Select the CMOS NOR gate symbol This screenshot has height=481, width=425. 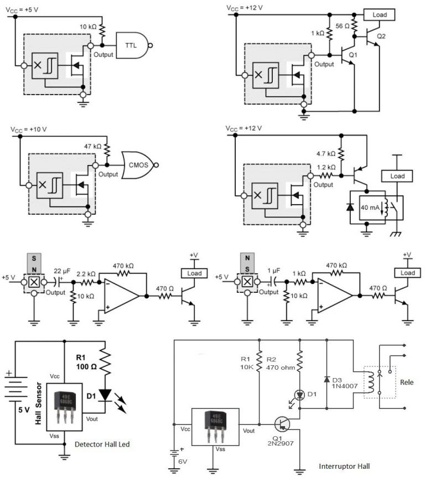(139, 164)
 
